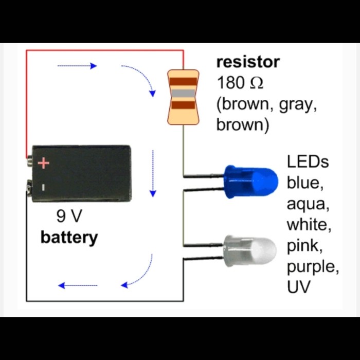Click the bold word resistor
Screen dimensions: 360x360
(248, 62)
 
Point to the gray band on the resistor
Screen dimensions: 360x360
(183, 93)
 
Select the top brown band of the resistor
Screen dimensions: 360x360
(183, 81)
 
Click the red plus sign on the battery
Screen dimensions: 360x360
(44, 164)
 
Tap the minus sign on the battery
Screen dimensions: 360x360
(44, 187)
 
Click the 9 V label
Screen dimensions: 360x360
(69, 217)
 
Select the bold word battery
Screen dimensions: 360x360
(69, 238)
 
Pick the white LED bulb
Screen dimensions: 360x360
(250, 249)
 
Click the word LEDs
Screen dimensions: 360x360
(308, 162)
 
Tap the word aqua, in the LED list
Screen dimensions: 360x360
(307, 205)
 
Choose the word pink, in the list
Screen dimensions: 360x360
(304, 247)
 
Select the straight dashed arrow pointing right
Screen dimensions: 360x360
(77, 66)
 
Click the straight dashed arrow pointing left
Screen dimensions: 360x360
(78, 285)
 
